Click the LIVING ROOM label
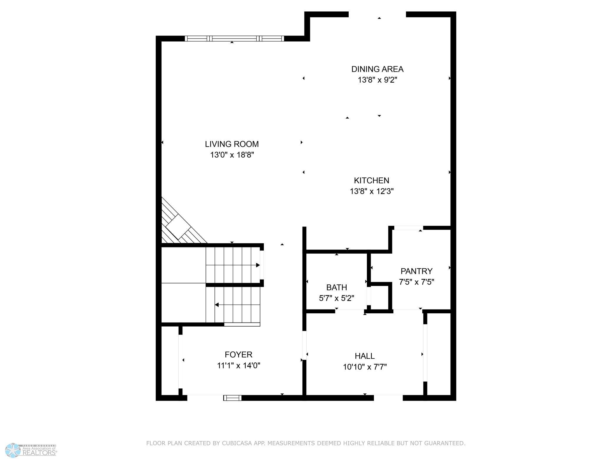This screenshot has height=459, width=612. click(x=232, y=144)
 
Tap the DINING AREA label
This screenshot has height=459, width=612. click(x=377, y=69)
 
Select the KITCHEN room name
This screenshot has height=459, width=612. click(x=371, y=180)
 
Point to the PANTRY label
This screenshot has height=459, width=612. click(x=416, y=271)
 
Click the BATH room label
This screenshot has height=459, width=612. click(x=337, y=287)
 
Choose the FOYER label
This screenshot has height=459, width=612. click(x=238, y=355)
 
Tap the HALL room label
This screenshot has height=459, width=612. click(x=365, y=356)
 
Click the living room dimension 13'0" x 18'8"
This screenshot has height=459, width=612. click(x=232, y=155)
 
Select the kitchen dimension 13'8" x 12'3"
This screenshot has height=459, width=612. click(x=371, y=192)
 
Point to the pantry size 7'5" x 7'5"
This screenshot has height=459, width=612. click(x=416, y=282)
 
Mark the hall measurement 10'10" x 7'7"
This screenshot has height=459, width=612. click(x=365, y=367)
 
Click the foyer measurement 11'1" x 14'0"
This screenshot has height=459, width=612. click(x=238, y=366)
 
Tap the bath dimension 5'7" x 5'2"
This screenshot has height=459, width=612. click(x=337, y=298)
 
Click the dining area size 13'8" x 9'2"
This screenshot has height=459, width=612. click(x=377, y=80)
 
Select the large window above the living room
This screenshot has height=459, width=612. click(x=234, y=39)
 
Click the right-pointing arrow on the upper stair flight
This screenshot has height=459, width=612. click(x=258, y=265)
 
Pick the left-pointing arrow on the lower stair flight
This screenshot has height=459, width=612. click(x=217, y=305)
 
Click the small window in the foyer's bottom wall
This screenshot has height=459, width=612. click(x=232, y=398)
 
